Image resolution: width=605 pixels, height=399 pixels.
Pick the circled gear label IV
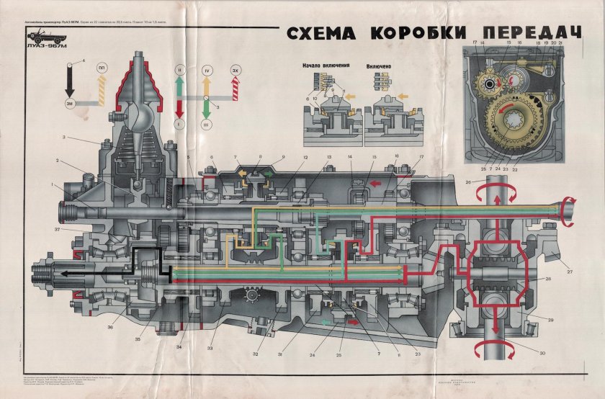coord(207,71)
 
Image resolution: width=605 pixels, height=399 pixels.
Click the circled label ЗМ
coord(71,105)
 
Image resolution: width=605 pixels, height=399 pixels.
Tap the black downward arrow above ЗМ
coord(71,83)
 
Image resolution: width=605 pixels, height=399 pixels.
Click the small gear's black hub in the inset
coord(490,84)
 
